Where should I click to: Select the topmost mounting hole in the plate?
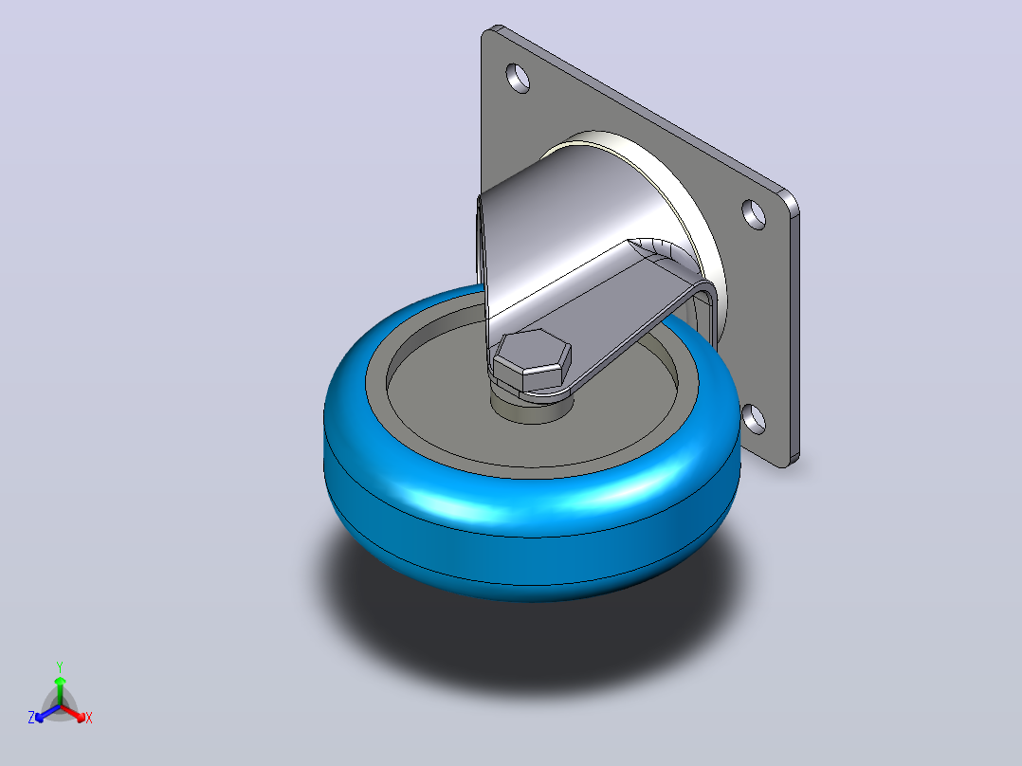tap(519, 78)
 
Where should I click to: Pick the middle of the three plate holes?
tap(754, 214)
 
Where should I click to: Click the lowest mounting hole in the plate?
tap(754, 419)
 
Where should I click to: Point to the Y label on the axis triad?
tap(60, 666)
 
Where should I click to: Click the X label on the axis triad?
tap(89, 718)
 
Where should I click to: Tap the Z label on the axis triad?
tap(31, 717)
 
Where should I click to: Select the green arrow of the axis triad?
tap(60, 690)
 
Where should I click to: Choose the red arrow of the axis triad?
tap(73, 713)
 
